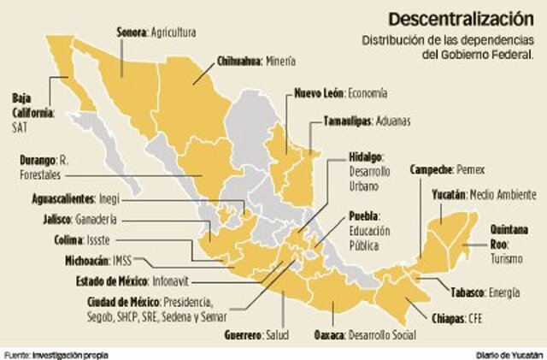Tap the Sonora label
(x=132, y=32)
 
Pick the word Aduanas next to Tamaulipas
(x=393, y=121)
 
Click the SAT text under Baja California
(x=21, y=127)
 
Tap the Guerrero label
(x=241, y=334)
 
